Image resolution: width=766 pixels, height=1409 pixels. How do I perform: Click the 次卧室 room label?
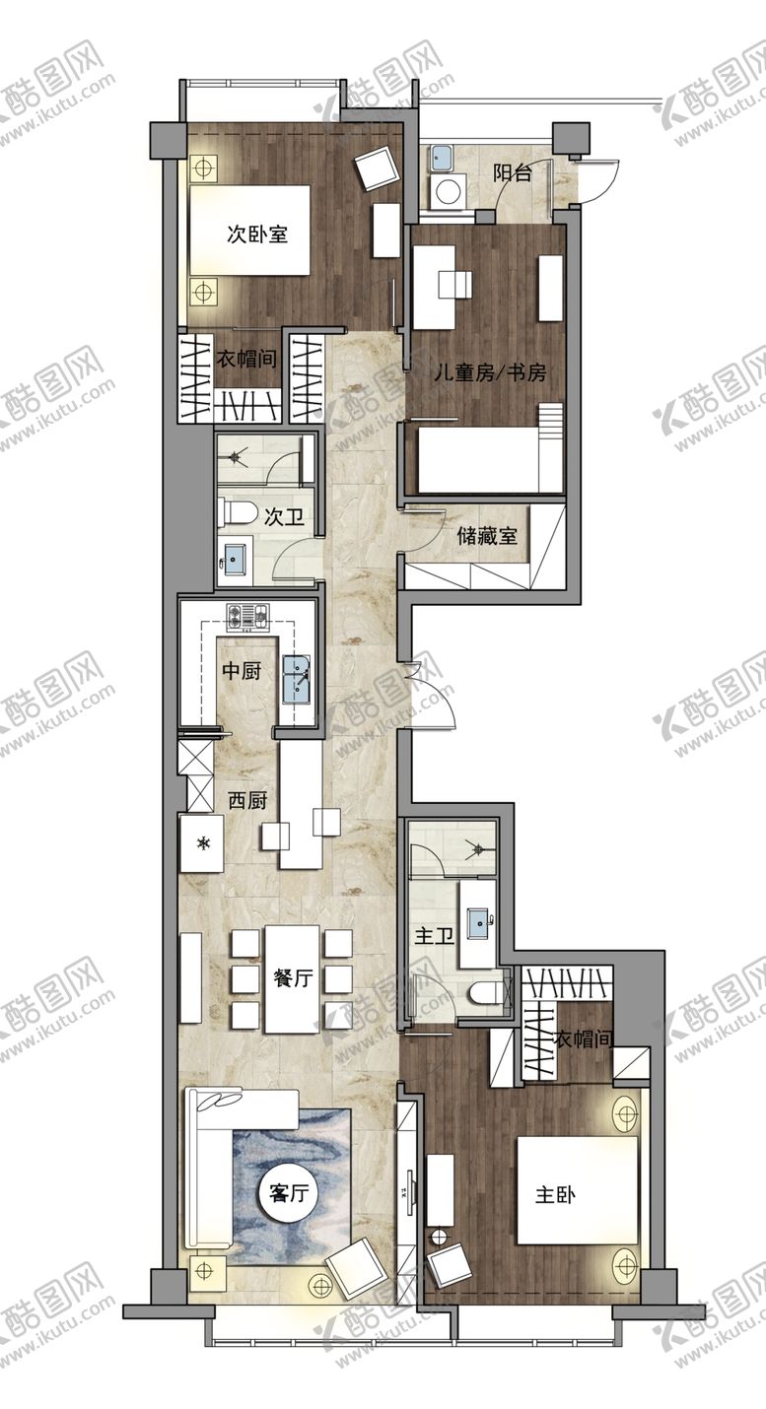click(x=256, y=235)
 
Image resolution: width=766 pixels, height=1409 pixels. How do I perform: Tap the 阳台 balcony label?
click(x=512, y=172)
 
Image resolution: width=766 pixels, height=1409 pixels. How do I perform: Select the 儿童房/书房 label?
click(x=489, y=373)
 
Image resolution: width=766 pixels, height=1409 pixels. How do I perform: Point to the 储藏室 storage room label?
click(x=488, y=536)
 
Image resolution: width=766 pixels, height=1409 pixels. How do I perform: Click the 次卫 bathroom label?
click(x=284, y=517)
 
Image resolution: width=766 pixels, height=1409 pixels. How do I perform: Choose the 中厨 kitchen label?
click(x=242, y=671)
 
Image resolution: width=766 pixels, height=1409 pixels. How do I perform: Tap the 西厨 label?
click(x=247, y=800)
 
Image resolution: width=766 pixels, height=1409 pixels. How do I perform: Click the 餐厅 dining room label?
click(x=294, y=977)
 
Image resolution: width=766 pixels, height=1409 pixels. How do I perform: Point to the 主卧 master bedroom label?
click(x=554, y=1195)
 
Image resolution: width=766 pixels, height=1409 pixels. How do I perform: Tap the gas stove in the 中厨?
click(x=248, y=616)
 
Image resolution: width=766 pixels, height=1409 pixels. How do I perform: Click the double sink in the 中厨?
click(x=296, y=679)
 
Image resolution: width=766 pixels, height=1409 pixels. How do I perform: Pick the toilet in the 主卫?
click(x=490, y=994)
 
